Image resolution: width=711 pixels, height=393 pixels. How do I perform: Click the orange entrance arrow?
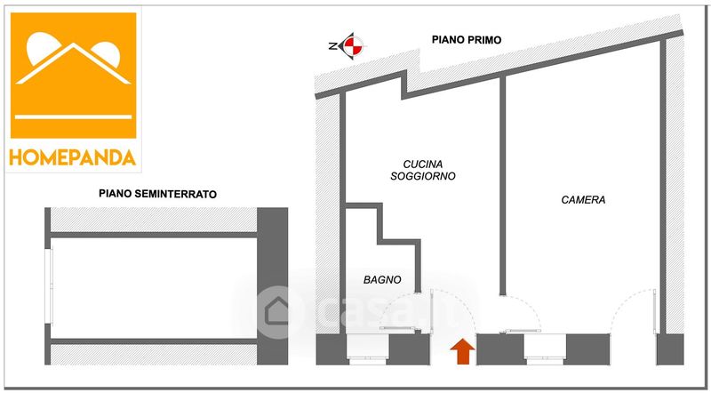(462, 352)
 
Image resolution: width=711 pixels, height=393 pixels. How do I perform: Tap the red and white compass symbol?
(353, 46)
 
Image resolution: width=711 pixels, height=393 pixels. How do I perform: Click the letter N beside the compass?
(332, 46)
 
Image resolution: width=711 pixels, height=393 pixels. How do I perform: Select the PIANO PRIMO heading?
(466, 40)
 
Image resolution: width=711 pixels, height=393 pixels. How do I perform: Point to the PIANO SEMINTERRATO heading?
(158, 194)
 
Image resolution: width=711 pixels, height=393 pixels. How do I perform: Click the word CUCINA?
(423, 164)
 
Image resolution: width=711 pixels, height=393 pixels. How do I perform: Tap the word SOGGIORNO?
(423, 176)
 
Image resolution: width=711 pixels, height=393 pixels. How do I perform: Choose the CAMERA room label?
(583, 200)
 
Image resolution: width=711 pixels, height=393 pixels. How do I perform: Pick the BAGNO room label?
(382, 280)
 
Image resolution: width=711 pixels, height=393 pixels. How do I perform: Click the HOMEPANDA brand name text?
(73, 157)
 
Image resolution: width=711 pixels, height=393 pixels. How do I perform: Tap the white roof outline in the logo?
(74, 63)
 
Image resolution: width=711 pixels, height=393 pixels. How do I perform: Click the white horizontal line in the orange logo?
(74, 116)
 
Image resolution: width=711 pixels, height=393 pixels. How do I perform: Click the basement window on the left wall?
(52, 286)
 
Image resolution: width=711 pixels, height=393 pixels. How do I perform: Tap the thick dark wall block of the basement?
(272, 286)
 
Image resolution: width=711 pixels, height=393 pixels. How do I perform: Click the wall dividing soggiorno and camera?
(502, 186)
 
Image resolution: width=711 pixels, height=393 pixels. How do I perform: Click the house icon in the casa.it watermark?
(277, 311)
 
